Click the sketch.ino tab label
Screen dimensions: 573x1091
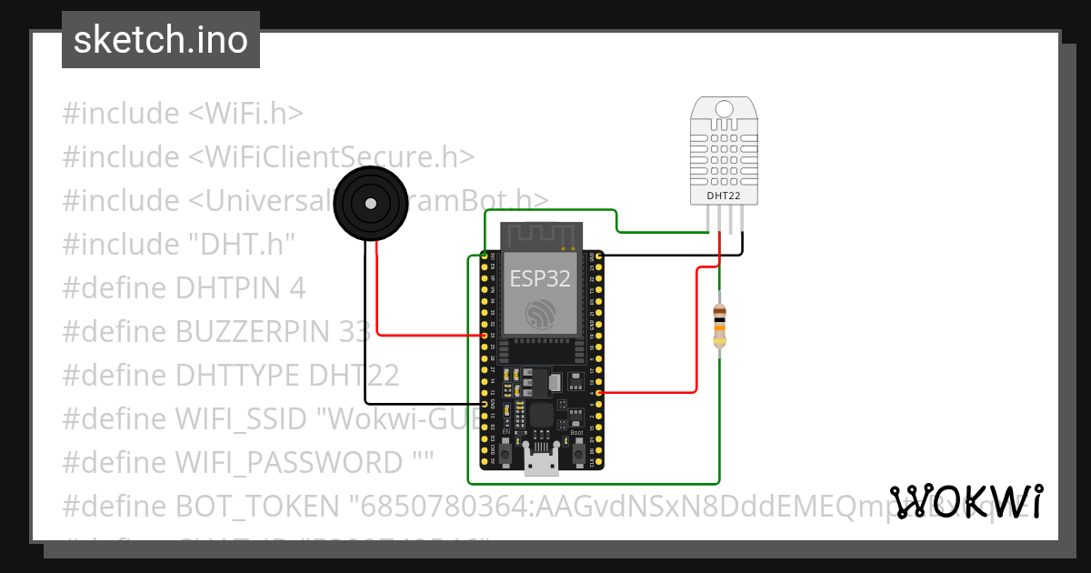click(x=160, y=40)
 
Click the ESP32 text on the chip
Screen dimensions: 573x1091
click(x=540, y=278)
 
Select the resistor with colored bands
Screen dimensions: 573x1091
click(x=719, y=327)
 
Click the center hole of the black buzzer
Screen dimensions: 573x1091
click(x=370, y=205)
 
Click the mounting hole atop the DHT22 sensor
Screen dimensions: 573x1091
click(x=724, y=109)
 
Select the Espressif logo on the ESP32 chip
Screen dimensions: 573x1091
click(x=540, y=314)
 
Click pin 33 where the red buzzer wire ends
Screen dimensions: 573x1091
click(x=484, y=336)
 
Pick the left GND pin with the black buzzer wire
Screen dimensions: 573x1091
click(x=484, y=403)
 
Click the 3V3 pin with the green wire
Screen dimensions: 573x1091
click(x=484, y=256)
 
